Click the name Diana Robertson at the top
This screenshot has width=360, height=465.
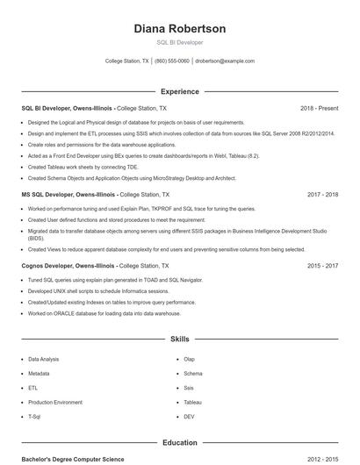click(x=179, y=29)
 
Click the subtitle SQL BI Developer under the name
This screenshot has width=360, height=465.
click(x=179, y=42)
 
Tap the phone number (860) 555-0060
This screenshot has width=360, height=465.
click(x=172, y=61)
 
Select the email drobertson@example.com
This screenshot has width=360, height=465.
click(x=225, y=61)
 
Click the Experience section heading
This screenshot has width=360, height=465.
click(x=179, y=91)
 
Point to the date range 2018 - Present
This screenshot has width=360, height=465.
click(x=319, y=108)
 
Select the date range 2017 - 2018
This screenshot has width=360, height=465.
click(x=322, y=195)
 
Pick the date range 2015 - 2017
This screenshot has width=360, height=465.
click(x=322, y=265)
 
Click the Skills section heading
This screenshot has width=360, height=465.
click(x=179, y=338)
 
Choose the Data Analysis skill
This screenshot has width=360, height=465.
click(x=44, y=359)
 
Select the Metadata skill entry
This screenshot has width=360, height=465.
click(x=39, y=373)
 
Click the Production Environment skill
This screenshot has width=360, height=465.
click(x=55, y=402)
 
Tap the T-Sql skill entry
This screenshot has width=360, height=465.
click(x=34, y=416)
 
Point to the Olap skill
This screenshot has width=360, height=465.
click(x=189, y=359)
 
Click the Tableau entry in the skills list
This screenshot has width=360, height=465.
click(x=192, y=402)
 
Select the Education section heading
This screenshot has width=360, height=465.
click(x=179, y=443)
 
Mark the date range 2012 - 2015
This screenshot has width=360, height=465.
click(x=322, y=459)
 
